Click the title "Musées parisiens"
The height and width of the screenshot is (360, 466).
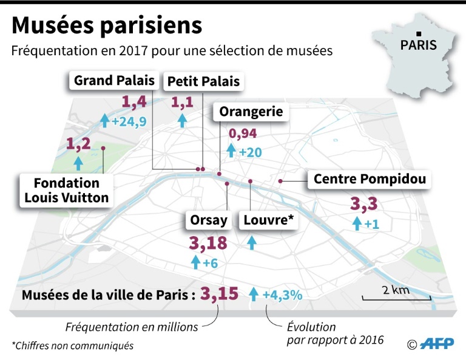pyautogui.click(x=107, y=25)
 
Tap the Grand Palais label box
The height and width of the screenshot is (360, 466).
pyautogui.click(x=114, y=80)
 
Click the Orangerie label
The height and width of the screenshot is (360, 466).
pyautogui.click(x=251, y=112)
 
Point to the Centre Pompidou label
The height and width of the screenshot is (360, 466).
pyautogui.click(x=370, y=179)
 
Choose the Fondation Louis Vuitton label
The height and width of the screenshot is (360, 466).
pyautogui.click(x=67, y=190)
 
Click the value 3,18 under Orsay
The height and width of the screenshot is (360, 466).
pyautogui.click(x=208, y=244)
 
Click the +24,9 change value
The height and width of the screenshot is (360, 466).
pyautogui.click(x=129, y=121)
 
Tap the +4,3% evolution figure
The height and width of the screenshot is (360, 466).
pyautogui.click(x=282, y=296)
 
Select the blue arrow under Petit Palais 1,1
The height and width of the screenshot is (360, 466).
pyautogui.click(x=182, y=120)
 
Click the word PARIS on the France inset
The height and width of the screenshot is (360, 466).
pyautogui.click(x=418, y=45)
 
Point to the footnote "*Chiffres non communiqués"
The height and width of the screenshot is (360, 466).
pyautogui.click(x=72, y=346)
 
